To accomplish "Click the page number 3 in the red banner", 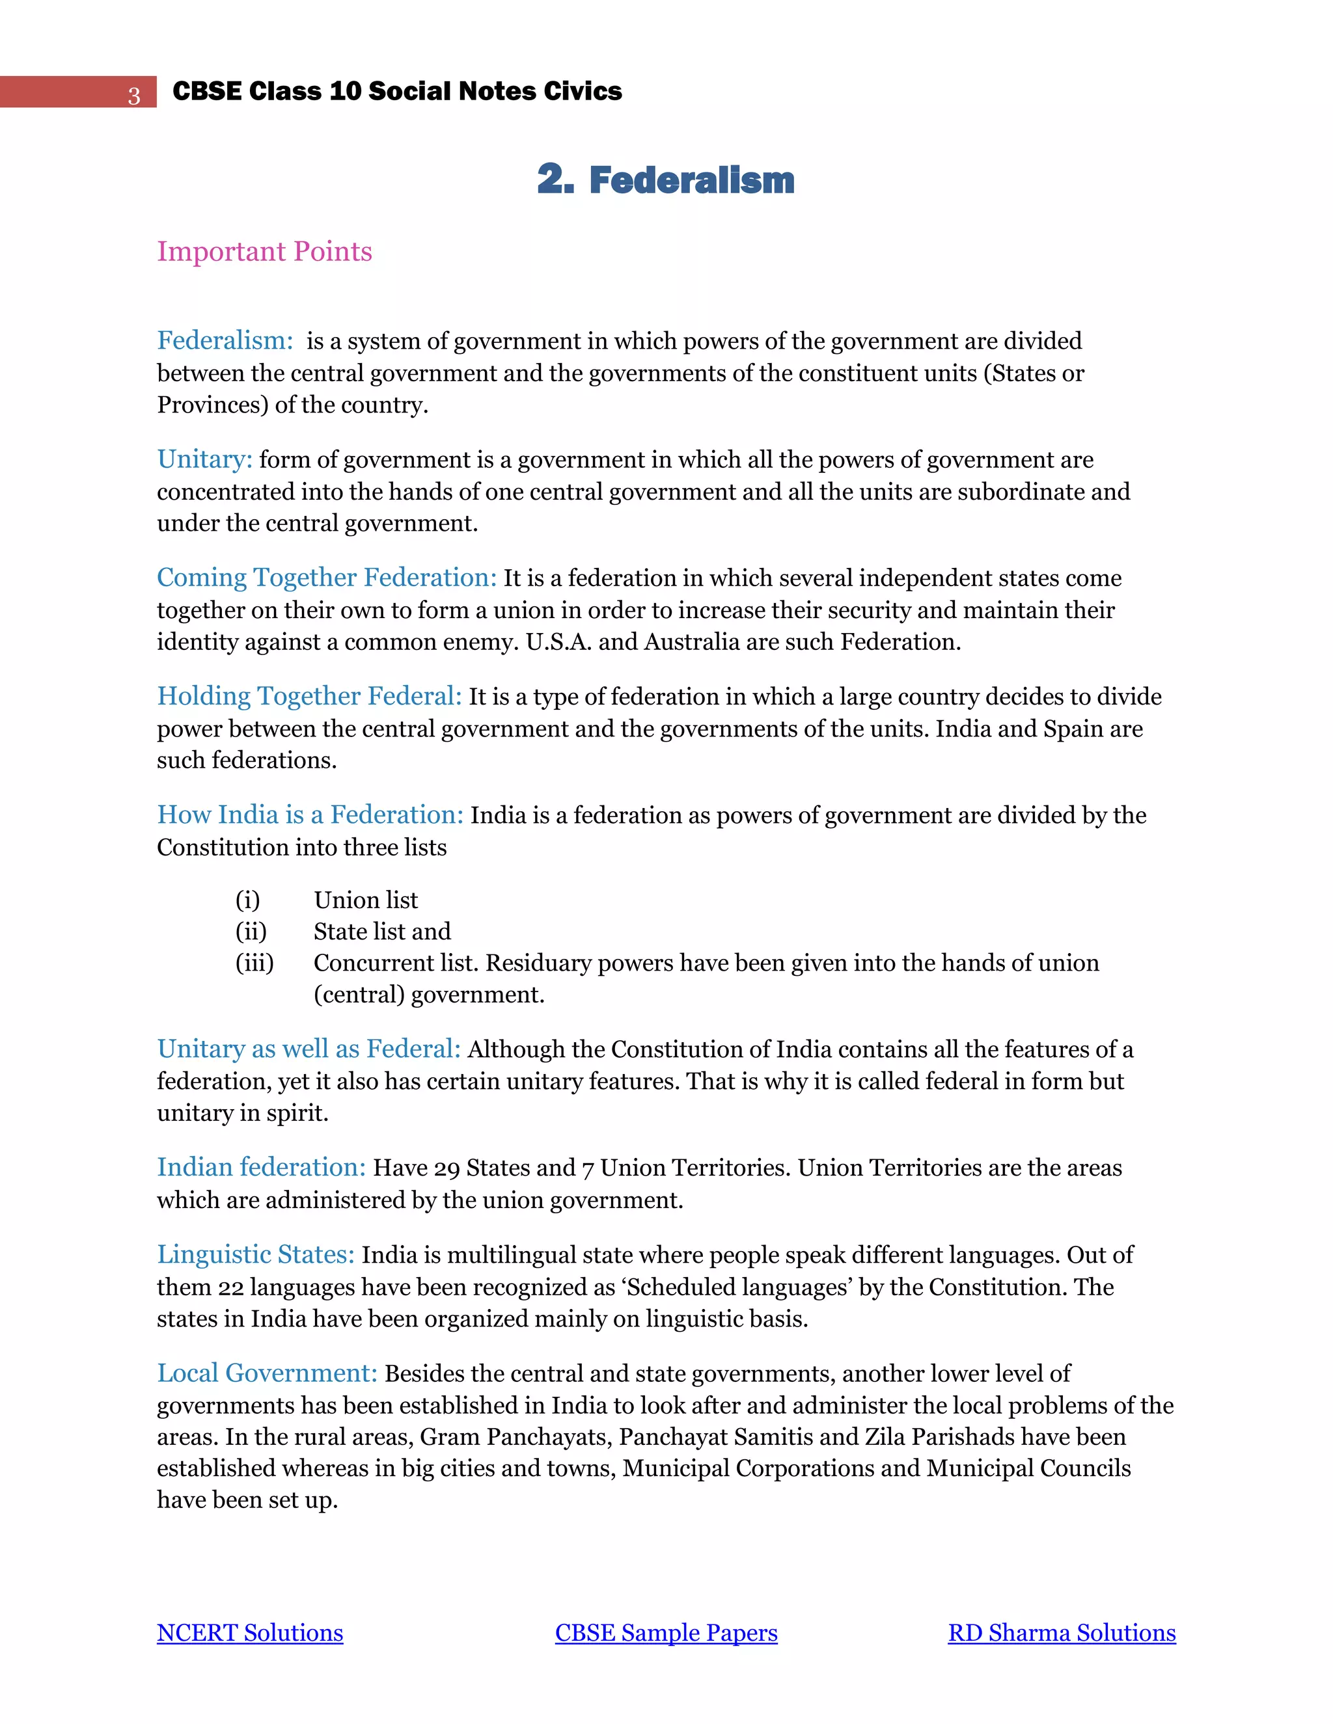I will click(x=134, y=96).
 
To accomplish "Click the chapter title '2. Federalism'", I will click(x=666, y=180).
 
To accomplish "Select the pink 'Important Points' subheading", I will click(x=264, y=251).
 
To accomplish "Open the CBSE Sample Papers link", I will click(x=666, y=1632).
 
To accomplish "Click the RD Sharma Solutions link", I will click(x=1062, y=1632).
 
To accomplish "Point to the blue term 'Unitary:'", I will click(x=204, y=459).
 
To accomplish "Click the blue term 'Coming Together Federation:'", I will click(x=326, y=578).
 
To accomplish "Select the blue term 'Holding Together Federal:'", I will click(x=309, y=696).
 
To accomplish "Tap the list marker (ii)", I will click(x=251, y=932).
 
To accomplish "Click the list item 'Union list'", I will click(x=366, y=900).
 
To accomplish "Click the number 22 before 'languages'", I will click(x=230, y=1287).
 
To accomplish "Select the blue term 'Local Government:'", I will click(x=267, y=1373).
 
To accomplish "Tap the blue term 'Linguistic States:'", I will click(x=256, y=1255).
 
